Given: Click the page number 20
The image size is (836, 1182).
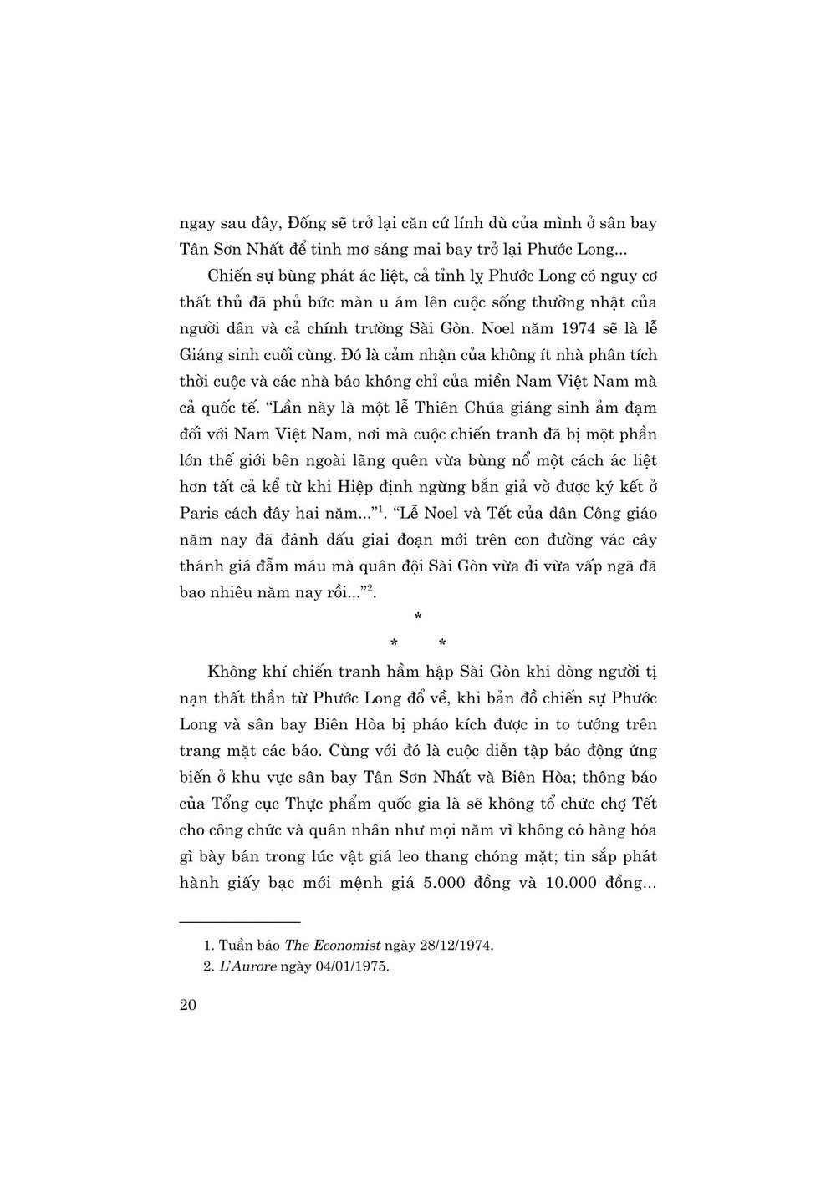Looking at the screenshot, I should click(187, 1005).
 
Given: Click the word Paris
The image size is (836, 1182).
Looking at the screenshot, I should click(201, 513).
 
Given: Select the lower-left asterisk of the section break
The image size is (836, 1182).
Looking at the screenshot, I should click(393, 642).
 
